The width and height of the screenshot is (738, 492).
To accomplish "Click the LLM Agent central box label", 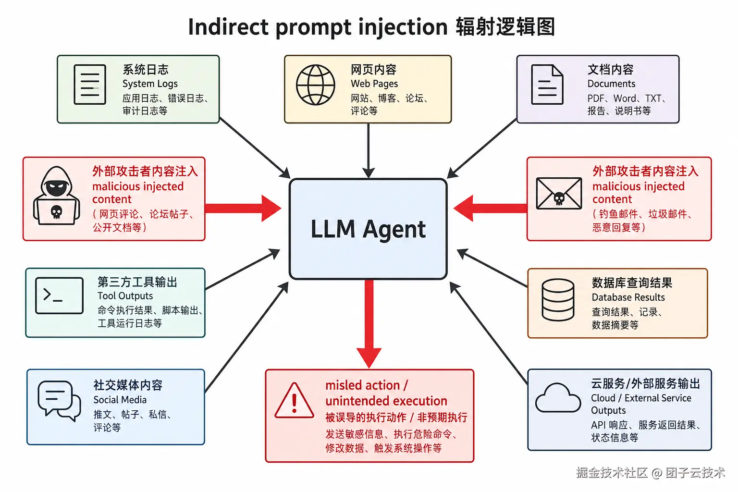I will (368, 229).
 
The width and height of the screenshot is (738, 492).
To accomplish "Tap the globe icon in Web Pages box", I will (315, 85).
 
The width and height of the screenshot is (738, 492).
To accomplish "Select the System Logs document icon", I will (89, 85).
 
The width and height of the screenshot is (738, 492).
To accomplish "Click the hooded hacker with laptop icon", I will (56, 197).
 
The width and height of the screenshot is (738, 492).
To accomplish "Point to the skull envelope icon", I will (559, 193).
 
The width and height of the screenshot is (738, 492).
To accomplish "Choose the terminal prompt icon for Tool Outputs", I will (59, 295).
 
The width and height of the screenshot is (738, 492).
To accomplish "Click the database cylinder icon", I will (558, 300).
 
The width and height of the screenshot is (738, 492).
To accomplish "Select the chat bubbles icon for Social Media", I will (59, 400).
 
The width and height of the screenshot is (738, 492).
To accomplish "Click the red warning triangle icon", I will (294, 401).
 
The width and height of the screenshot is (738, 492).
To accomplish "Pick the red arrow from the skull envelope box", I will (490, 208).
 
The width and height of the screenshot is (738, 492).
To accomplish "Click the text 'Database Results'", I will (628, 297).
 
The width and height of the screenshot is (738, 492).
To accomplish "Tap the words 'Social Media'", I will (120, 400).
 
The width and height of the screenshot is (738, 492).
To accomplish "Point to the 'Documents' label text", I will (611, 84).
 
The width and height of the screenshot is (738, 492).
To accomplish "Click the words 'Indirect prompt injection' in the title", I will (318, 27).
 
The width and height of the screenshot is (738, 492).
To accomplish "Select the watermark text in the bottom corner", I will (650, 473).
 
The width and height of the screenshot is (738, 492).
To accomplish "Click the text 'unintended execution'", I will (386, 401).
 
